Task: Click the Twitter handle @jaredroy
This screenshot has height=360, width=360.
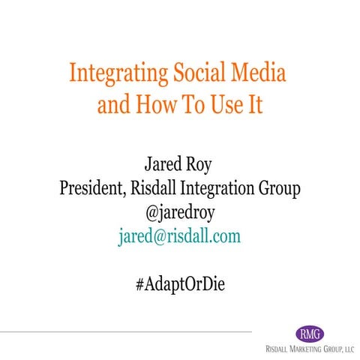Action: click(x=180, y=212)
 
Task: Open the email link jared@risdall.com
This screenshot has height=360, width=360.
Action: click(x=180, y=237)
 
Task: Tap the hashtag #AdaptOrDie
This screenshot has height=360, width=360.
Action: click(x=180, y=285)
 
